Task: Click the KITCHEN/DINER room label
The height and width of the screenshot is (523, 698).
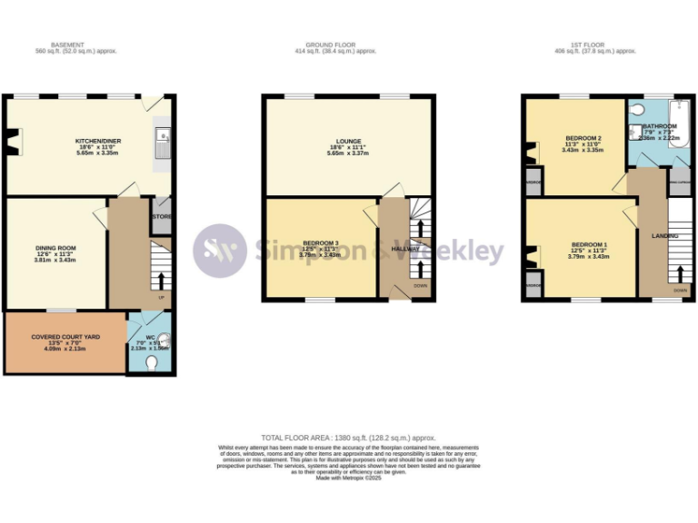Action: [95, 141]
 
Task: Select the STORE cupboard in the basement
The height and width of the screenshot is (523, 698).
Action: [161, 217]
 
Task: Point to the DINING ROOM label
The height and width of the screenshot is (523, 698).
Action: [55, 248]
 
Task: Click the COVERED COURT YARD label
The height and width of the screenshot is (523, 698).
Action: [65, 337]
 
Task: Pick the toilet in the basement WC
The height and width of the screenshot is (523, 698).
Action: [152, 363]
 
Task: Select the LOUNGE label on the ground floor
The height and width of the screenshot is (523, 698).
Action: [349, 142]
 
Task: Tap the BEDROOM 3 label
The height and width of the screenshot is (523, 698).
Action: [319, 243]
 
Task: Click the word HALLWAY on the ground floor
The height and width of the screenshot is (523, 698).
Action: [404, 248]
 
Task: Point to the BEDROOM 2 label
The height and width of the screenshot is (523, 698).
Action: [582, 137]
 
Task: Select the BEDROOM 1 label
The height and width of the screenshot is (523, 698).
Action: [589, 245]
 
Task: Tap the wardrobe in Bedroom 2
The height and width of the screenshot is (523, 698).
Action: [533, 181]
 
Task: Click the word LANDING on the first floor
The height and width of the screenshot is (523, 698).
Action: [665, 235]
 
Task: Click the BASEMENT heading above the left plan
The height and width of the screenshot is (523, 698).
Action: [68, 44]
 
